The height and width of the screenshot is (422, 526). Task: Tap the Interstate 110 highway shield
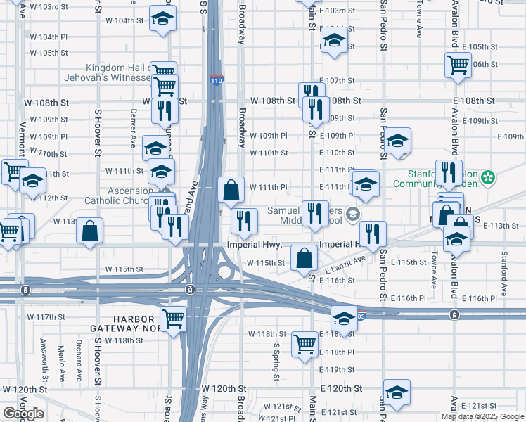point(217,80)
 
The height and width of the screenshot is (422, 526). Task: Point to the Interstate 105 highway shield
point(361,314)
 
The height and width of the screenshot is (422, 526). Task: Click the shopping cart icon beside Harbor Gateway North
point(173,319)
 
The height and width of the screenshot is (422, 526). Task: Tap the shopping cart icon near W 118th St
point(304,345)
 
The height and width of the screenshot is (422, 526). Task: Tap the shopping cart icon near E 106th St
point(458,65)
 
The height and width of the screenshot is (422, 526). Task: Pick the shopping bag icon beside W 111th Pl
point(231,189)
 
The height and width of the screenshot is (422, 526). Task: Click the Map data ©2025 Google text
point(482,416)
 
